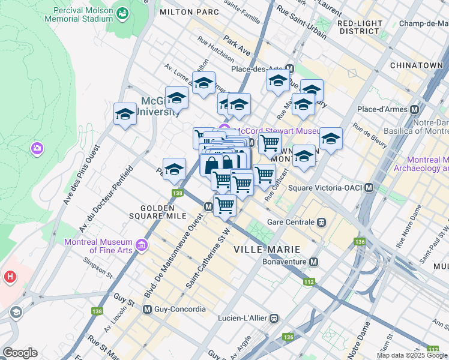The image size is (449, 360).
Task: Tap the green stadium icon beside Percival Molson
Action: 123,13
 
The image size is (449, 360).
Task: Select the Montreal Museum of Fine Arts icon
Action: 142,245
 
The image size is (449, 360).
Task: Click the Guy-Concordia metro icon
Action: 147,309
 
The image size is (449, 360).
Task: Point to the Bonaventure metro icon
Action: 314,262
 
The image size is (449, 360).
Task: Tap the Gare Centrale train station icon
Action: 322,222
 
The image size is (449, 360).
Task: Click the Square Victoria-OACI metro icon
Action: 369,188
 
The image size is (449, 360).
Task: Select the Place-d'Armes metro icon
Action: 414,110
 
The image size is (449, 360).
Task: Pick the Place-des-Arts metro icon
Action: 290,69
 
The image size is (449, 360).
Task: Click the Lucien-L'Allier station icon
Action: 274,318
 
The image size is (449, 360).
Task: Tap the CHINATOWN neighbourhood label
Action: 415,65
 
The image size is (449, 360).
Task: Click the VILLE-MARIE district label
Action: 267,249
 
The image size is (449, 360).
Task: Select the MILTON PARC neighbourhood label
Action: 186,12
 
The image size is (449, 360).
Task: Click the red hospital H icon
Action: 10,277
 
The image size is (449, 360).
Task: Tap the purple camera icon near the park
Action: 37,148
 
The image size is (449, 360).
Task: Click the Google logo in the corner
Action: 20,353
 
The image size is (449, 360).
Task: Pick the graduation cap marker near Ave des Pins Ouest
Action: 125,113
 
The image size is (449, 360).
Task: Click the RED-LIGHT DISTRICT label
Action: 360,27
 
